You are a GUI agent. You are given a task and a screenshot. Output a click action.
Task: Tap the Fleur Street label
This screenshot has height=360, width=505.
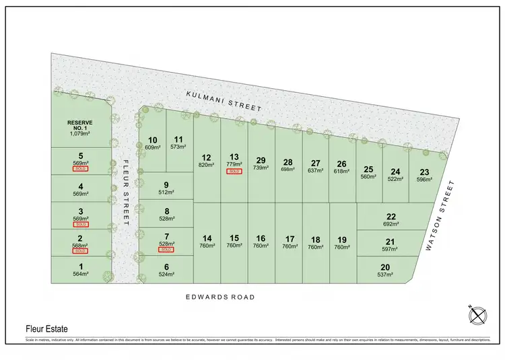[126, 190]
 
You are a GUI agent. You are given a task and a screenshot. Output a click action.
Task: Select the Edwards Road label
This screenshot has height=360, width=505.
[221, 297]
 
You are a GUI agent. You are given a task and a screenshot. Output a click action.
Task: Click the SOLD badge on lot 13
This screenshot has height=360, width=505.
[234, 172]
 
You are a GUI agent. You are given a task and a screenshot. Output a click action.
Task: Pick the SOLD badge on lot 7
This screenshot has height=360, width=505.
[166, 249]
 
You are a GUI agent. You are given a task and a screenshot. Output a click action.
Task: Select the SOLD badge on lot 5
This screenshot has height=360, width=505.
[81, 168]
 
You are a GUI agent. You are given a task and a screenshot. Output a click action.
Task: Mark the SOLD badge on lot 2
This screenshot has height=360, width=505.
[81, 250]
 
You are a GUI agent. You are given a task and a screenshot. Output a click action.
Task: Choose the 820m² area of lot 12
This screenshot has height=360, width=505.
[207, 164]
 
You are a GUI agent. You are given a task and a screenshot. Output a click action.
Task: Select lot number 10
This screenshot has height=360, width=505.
[153, 140]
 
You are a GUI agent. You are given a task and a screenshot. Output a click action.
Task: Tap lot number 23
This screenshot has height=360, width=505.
[424, 172]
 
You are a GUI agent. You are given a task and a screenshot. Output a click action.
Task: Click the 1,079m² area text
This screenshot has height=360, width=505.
[80, 133]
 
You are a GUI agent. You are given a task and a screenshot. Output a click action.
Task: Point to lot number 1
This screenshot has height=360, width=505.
[81, 266]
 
